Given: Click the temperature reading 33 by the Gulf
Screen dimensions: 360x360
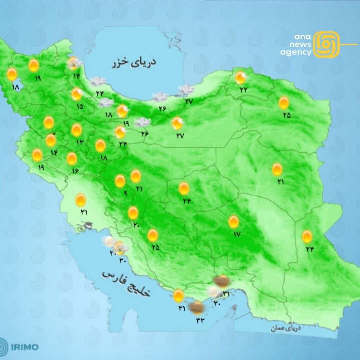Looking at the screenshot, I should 200,320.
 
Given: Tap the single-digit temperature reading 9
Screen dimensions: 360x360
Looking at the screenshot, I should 125,193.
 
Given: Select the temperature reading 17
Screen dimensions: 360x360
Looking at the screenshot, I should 237,234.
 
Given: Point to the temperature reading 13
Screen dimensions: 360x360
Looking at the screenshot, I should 80,142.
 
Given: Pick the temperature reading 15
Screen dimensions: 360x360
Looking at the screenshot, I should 80,107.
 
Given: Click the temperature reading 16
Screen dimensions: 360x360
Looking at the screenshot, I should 75,171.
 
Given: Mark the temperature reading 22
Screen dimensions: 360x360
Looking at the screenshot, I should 244,89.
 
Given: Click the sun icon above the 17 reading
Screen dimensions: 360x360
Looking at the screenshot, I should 234,222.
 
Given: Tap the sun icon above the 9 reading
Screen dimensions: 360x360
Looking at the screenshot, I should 120,181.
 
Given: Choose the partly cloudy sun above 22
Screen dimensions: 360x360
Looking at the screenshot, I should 240,78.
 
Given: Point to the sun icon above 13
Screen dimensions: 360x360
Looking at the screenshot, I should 76,130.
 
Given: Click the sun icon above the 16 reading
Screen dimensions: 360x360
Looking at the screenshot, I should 72,159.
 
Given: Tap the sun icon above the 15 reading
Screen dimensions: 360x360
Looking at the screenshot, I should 77,94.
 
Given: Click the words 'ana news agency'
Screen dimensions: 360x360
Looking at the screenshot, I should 296,45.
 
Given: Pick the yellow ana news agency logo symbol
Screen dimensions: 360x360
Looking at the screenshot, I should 327,44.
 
